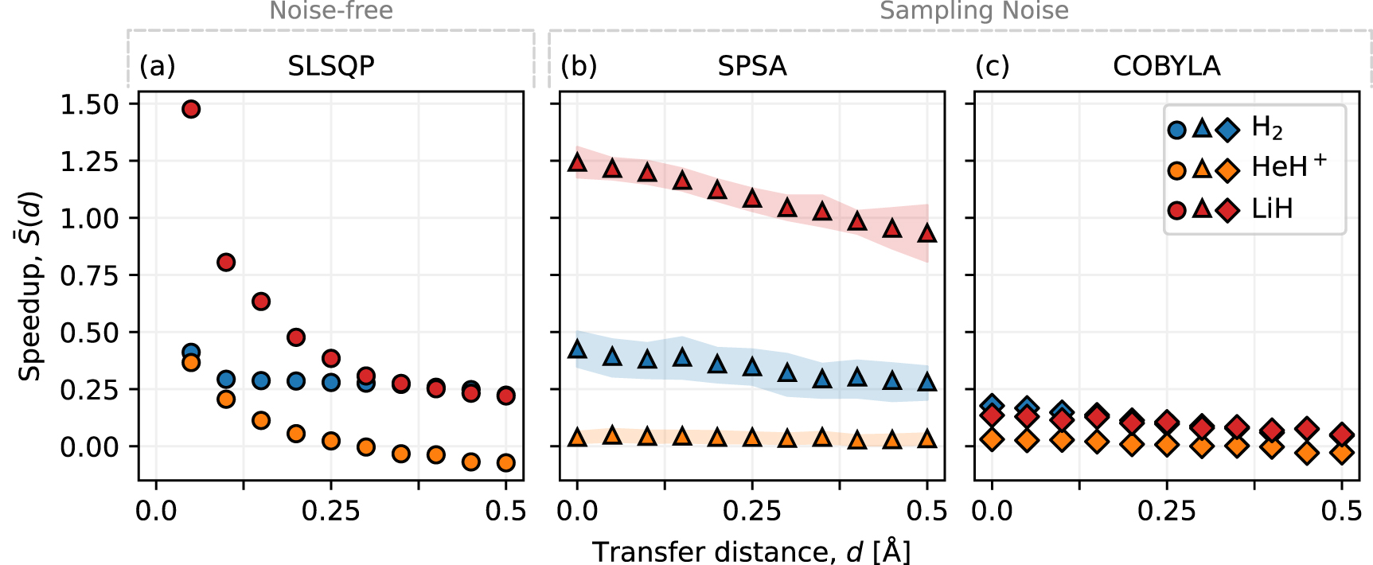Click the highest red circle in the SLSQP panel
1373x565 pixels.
tap(191, 109)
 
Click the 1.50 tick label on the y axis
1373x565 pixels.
tap(89, 104)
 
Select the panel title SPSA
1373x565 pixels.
tap(751, 66)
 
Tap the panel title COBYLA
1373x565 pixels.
tap(1166, 66)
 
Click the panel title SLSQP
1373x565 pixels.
tap(331, 66)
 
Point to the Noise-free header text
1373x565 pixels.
tap(331, 11)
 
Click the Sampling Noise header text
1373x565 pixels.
tap(973, 11)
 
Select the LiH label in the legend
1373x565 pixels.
tap(1272, 209)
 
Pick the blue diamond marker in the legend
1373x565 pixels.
tap(1228, 130)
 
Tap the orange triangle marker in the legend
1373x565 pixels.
tap(1203, 169)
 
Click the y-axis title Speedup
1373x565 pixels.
tap(30, 286)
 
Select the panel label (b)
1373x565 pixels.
tap(579, 66)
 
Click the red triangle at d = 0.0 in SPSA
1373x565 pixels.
tap(577, 163)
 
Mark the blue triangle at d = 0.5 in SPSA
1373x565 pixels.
tap(926, 383)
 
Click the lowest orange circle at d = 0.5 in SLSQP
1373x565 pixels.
tap(506, 462)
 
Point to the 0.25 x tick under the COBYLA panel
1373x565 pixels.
tap(1166, 511)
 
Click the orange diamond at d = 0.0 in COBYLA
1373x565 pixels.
tap(992, 439)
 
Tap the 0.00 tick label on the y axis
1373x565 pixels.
tap(89, 446)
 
